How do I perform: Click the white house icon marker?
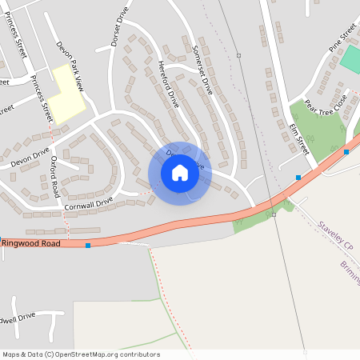[x=179, y=173]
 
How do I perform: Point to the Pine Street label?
[x=342, y=41]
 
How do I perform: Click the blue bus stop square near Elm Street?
[x=298, y=177]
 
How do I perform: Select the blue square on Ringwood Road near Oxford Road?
[x=88, y=245]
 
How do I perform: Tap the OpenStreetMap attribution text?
[x=80, y=354]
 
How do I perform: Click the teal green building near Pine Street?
[x=350, y=58]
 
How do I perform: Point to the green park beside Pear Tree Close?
[x=316, y=132]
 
